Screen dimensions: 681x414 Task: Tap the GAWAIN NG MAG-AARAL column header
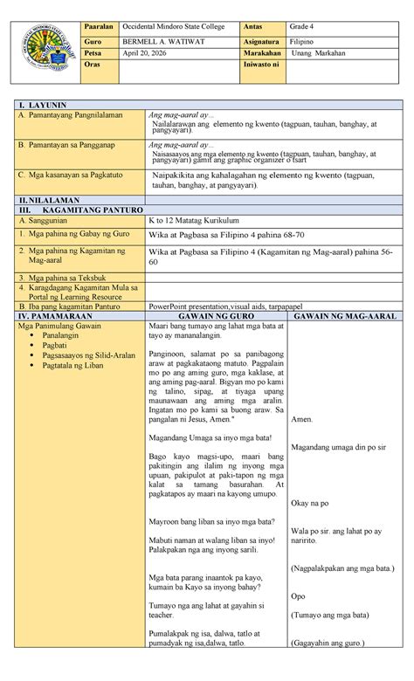click(x=343, y=315)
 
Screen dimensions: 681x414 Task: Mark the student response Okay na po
click(x=309, y=503)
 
